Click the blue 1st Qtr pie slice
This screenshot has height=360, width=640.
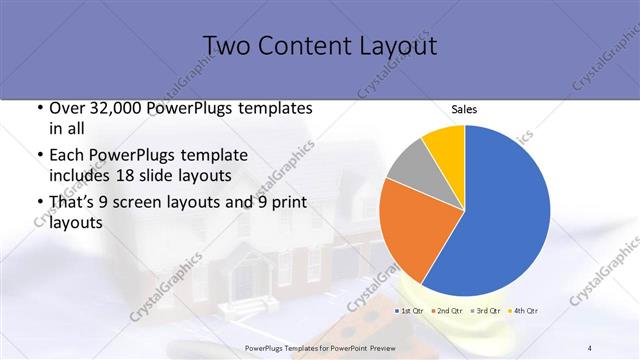point(500,210)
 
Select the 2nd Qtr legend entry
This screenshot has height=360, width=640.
point(447,311)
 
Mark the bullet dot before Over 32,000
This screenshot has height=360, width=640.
point(38,108)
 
